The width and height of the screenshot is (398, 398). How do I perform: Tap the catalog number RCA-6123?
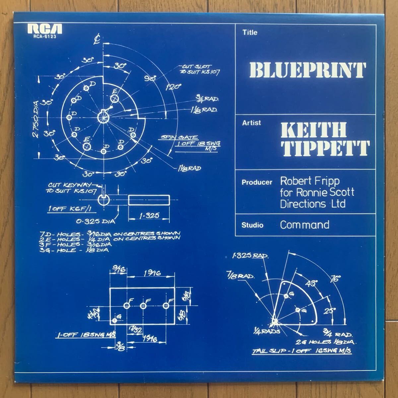(45, 37)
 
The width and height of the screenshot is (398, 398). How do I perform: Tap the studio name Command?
(304, 225)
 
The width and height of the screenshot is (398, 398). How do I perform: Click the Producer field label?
(257, 182)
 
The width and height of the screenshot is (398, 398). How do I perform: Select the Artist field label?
(252, 123)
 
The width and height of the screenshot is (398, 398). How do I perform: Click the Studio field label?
(253, 225)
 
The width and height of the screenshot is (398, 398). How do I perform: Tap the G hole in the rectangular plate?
(115, 321)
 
